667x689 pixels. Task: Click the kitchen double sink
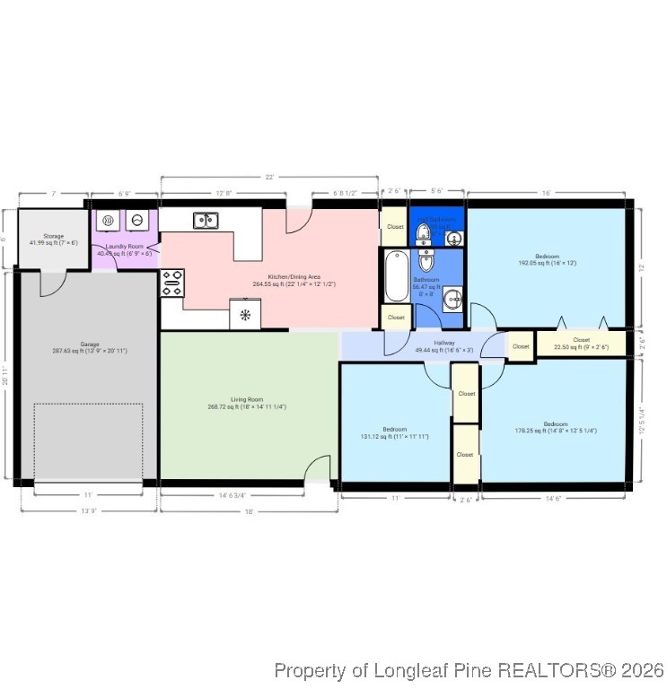[x=205, y=219]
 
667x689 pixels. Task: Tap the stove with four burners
[x=172, y=283]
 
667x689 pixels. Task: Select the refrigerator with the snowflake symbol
[x=245, y=315]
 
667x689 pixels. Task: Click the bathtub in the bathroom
[x=395, y=276]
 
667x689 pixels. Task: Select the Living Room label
[x=247, y=403]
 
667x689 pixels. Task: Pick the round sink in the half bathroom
[x=454, y=238]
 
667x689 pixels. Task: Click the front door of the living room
[x=317, y=472]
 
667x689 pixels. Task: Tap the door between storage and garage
[x=52, y=281]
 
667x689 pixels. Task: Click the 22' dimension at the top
[x=268, y=177]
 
